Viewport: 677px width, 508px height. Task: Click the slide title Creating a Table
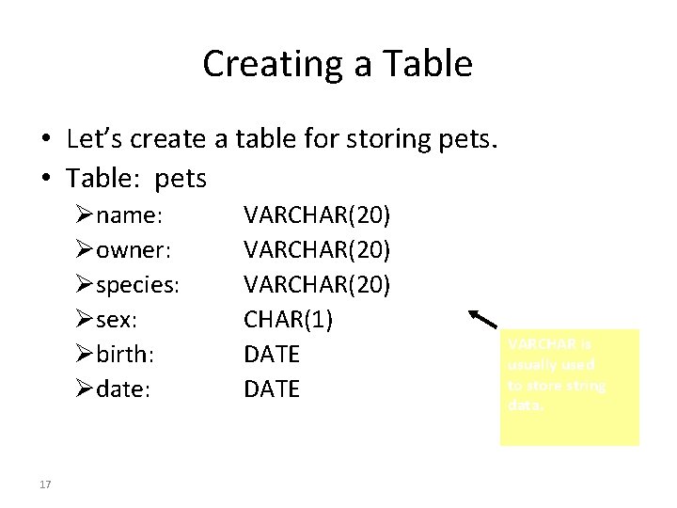tap(338, 64)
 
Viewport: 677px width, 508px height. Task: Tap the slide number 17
tap(45, 484)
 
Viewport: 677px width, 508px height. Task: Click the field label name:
tap(130, 215)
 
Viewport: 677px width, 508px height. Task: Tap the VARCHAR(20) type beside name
tap(317, 215)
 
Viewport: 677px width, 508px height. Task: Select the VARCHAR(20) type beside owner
tap(317, 250)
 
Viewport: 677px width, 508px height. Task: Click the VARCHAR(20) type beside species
tap(317, 285)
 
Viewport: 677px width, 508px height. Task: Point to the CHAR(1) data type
tap(288, 320)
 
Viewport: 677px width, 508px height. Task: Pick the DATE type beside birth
tap(272, 354)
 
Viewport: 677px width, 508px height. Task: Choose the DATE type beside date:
tap(272, 389)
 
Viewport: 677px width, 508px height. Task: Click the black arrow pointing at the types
tap(484, 319)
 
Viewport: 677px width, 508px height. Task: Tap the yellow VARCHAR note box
tap(569, 386)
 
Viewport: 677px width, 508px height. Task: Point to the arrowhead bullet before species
tap(87, 285)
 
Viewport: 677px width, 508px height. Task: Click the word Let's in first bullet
tap(95, 139)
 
